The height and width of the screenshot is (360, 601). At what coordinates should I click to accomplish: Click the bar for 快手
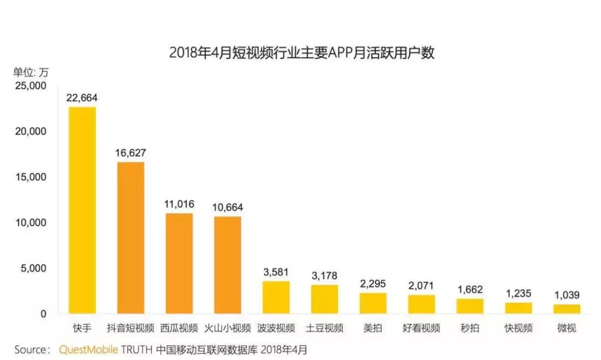[82, 210]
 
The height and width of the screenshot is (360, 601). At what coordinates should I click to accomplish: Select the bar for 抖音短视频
[130, 238]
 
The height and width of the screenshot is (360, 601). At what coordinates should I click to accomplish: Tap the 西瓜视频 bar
[179, 263]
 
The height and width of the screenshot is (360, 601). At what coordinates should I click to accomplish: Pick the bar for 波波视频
[276, 297]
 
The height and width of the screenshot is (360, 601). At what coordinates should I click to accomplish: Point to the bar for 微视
[566, 309]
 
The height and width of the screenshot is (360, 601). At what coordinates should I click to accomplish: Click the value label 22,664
[82, 98]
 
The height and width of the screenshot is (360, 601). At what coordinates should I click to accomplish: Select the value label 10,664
[227, 208]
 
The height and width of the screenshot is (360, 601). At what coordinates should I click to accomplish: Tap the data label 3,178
[324, 276]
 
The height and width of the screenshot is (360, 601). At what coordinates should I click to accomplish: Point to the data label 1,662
[470, 289]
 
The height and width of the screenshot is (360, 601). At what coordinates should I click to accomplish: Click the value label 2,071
[421, 286]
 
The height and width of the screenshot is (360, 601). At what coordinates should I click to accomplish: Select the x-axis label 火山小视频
[227, 328]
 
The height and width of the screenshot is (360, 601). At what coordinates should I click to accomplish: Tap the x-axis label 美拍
[373, 328]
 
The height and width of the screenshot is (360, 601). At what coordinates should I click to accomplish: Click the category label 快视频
[518, 328]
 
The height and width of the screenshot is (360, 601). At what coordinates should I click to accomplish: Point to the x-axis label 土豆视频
[324, 328]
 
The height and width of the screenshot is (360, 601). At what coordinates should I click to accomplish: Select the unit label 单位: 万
[31, 72]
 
